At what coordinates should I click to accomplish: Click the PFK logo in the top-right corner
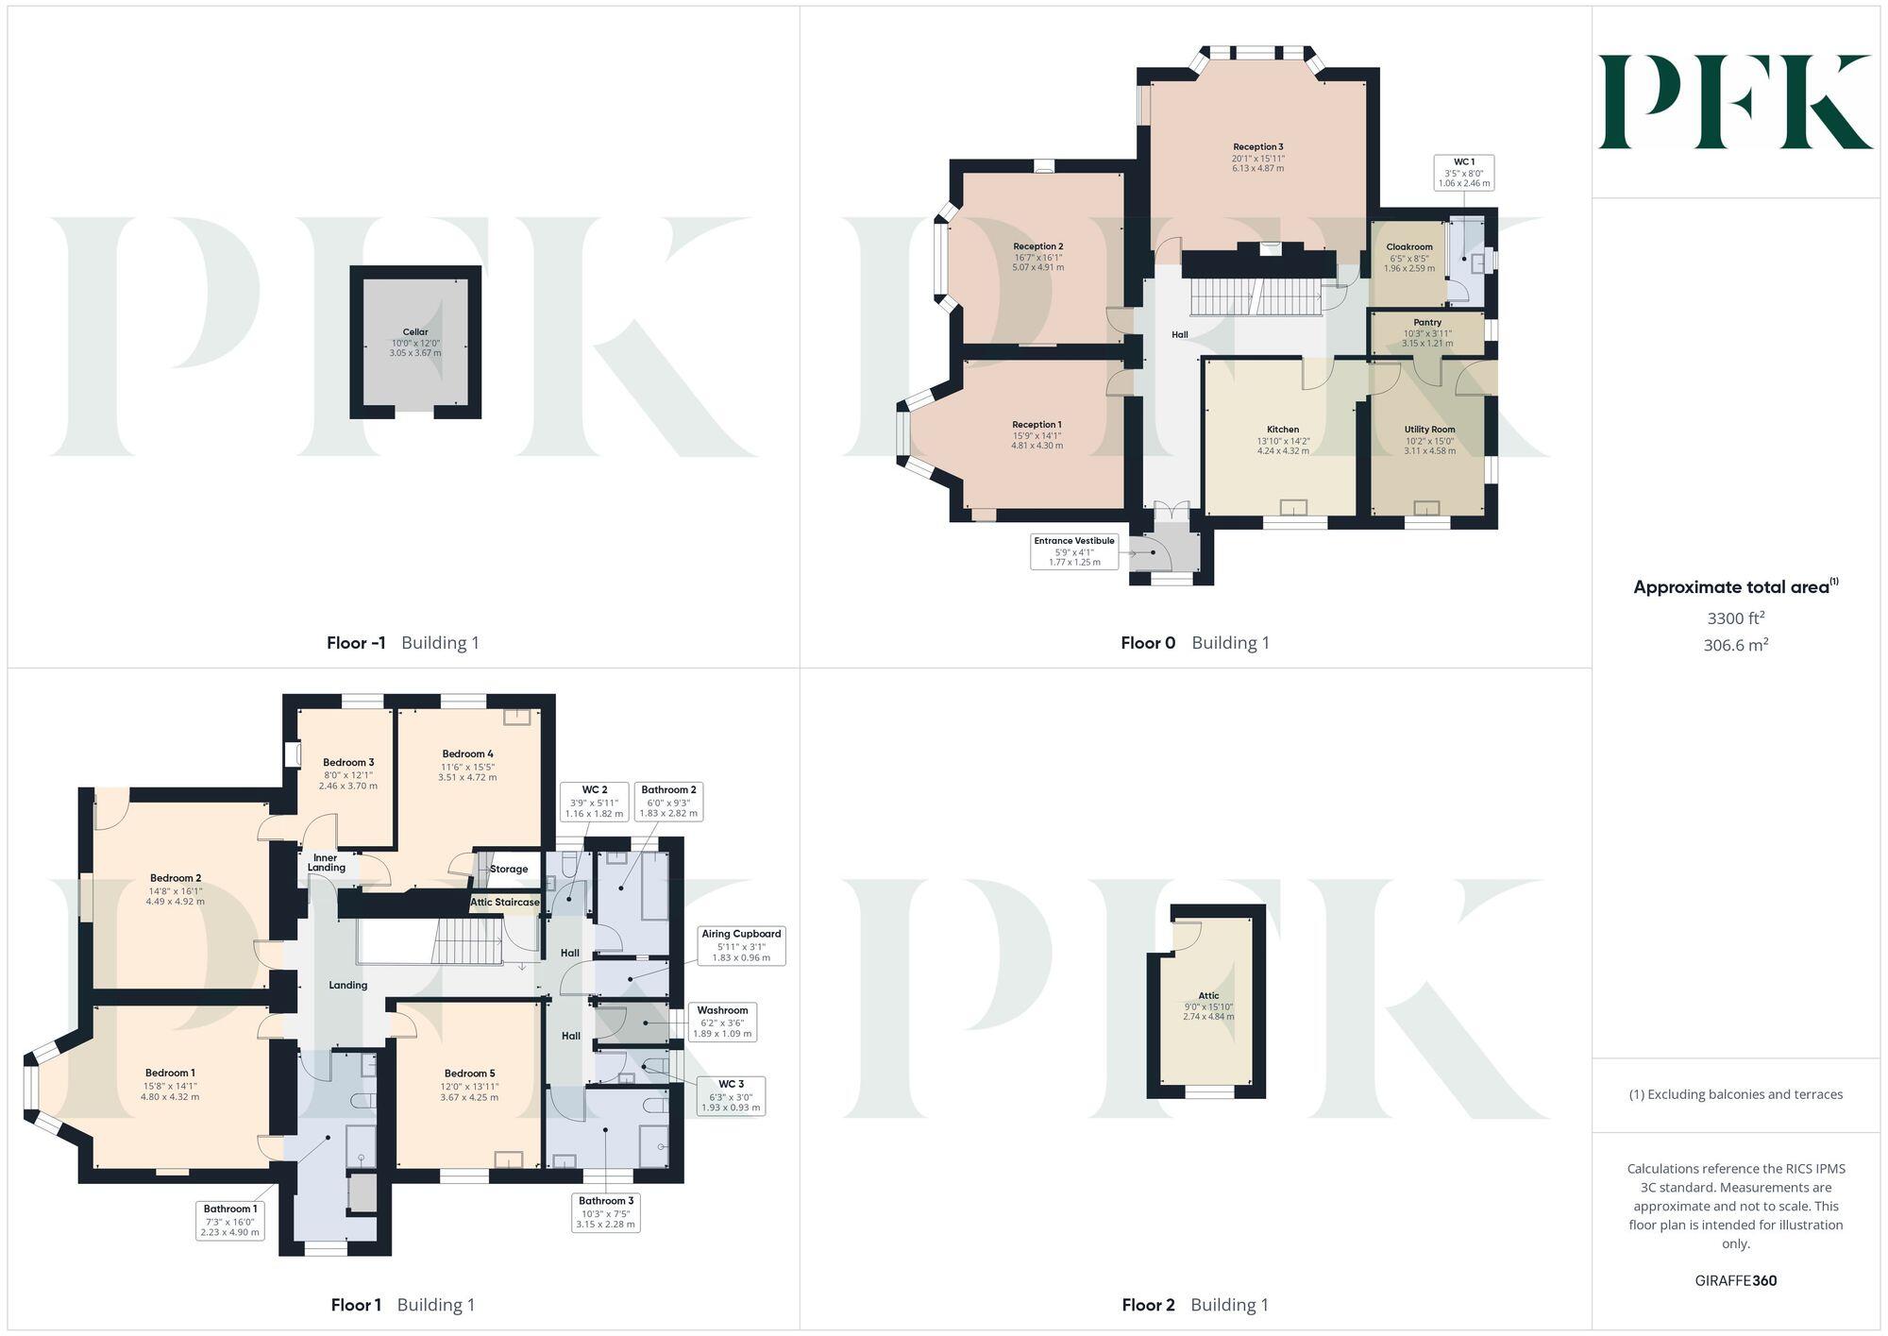coord(1735,102)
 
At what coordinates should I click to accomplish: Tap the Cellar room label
coord(415,332)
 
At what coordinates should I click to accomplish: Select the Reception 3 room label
coord(1257,147)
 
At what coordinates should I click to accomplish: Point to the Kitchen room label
coord(1283,430)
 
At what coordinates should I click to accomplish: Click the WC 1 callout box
coord(1464,173)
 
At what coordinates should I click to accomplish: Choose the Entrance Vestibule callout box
coord(1074,551)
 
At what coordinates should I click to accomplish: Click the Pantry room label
coord(1427,323)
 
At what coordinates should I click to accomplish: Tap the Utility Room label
coord(1429,430)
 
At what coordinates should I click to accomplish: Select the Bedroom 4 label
coord(468,754)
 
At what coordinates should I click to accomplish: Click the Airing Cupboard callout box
coord(741,945)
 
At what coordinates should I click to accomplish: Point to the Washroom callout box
coord(722,1022)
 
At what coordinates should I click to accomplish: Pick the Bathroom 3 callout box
coord(606,1212)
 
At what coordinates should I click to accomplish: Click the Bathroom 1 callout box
coord(230,1221)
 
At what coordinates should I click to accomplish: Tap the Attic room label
coord(1208,996)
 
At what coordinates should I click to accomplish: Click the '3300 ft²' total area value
coord(1735,619)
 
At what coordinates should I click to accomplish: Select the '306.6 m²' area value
coord(1735,646)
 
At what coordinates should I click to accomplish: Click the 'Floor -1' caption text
coord(356,643)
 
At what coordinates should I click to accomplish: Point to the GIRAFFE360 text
coord(1735,1281)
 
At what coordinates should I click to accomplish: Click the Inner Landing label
coord(326,863)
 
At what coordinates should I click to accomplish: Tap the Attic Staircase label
coord(505,903)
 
